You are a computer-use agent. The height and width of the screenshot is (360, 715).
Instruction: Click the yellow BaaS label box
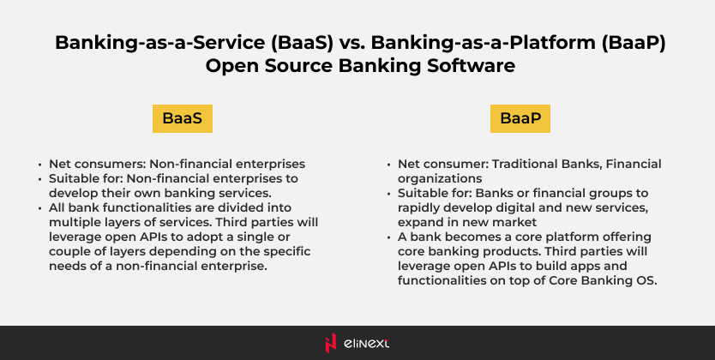(x=183, y=118)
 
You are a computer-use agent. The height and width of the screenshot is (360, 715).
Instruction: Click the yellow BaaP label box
(x=520, y=118)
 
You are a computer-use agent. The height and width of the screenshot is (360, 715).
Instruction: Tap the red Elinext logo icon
(x=331, y=343)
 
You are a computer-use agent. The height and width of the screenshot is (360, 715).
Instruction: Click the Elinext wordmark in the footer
(x=367, y=344)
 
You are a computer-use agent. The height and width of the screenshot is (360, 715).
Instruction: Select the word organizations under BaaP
(x=440, y=178)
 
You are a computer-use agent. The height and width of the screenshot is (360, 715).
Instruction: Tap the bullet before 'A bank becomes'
(x=389, y=237)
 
